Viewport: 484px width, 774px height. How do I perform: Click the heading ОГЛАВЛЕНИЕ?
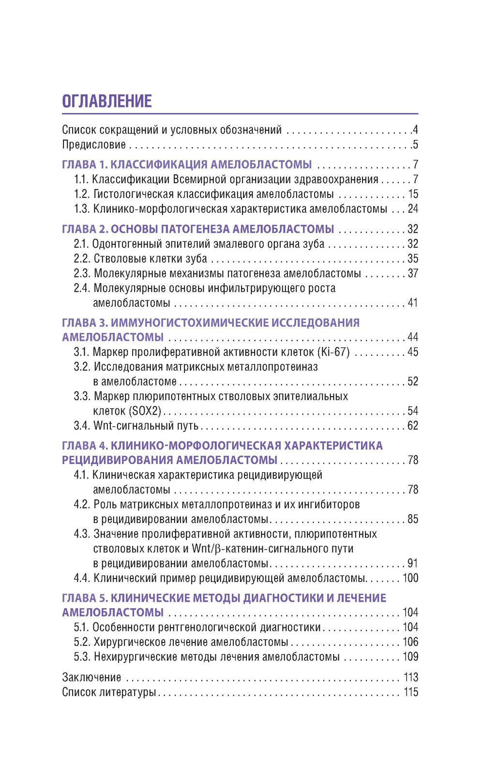pos(107,101)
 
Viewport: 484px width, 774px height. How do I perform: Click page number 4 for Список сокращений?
pos(415,130)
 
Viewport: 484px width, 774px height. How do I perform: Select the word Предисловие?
pos(94,145)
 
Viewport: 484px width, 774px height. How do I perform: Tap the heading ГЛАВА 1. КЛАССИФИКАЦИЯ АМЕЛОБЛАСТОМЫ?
pos(187,164)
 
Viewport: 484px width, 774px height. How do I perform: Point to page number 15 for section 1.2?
pos(413,194)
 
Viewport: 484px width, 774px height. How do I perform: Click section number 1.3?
pos(82,209)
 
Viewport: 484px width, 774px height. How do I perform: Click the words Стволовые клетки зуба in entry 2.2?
pos(150,259)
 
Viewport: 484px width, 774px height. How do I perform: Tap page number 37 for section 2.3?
pos(413,273)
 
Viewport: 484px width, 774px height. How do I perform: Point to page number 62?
pos(413,426)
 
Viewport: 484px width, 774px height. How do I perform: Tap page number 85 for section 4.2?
pos(413,519)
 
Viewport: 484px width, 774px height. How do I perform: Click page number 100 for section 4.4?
pos(410,578)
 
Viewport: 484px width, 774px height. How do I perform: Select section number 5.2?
pos(82,642)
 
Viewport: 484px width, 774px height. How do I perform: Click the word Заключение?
pos(91,677)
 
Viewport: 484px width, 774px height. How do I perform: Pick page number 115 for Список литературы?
pos(411,692)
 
